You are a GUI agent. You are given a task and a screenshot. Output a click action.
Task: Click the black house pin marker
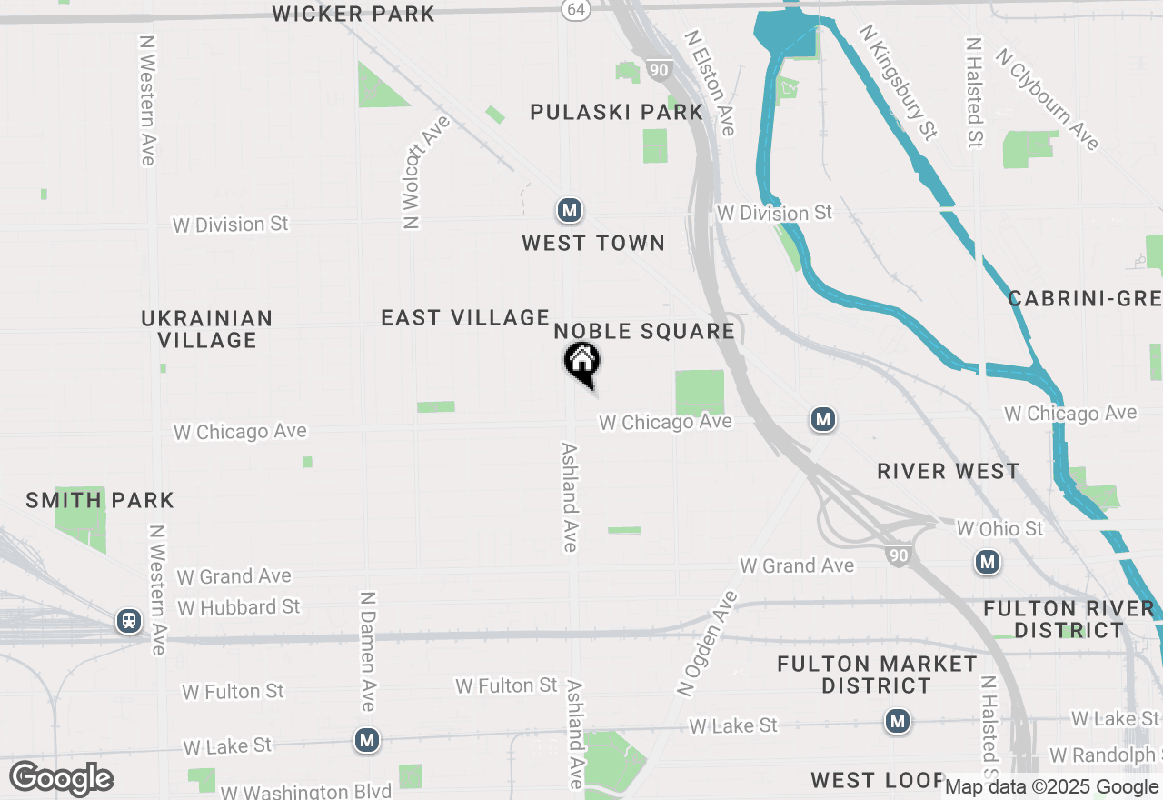point(582,363)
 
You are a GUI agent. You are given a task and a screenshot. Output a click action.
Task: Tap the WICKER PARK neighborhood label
point(353,14)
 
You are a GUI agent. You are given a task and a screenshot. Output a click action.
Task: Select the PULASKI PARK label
point(617,112)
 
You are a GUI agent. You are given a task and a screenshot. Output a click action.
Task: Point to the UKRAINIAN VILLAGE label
point(207,329)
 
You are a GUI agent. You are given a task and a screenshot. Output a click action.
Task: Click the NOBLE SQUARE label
point(644,331)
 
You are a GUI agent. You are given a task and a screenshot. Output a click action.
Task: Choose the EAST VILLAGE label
point(465,317)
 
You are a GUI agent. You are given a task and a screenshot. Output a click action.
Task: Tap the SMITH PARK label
point(100,500)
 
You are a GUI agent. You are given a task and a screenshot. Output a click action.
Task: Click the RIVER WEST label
point(948,471)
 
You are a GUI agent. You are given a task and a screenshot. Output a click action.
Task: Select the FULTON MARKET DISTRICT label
point(877,675)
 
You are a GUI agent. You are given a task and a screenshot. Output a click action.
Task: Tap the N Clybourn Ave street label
point(1047,99)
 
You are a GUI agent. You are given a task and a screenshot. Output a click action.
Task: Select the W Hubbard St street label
point(239,606)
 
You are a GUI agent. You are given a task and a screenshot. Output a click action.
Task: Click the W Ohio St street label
point(999,528)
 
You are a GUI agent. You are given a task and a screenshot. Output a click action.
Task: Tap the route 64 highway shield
point(574,9)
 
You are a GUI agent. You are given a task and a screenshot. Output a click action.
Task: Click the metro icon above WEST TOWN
point(570,211)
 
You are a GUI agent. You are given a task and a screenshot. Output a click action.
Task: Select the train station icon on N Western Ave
point(129,622)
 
